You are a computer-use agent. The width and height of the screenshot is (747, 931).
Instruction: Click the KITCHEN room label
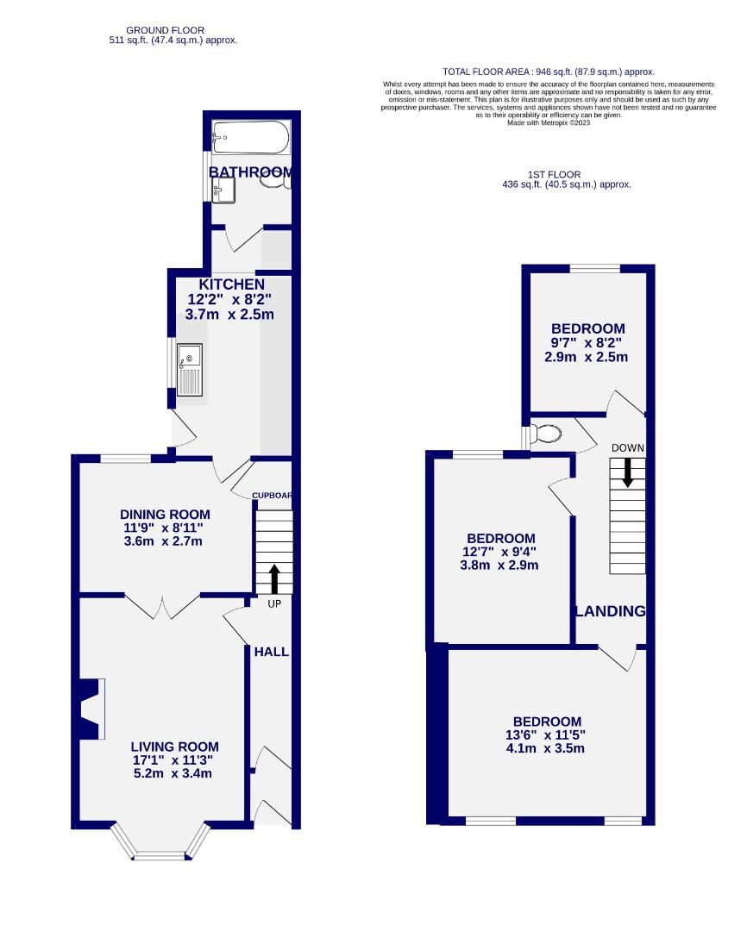pyautogui.click(x=231, y=284)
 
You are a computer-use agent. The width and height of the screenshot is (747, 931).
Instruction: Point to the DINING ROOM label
pyautogui.click(x=166, y=515)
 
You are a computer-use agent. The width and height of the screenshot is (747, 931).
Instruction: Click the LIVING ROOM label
pyautogui.click(x=174, y=747)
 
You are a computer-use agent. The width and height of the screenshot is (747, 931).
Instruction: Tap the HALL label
pyautogui.click(x=271, y=652)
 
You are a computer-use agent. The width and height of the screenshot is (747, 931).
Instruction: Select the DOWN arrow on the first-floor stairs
pyautogui.click(x=627, y=472)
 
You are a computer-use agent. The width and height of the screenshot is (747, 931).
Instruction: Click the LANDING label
pyautogui.click(x=611, y=611)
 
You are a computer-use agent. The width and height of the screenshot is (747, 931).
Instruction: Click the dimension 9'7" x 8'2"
pyautogui.click(x=587, y=342)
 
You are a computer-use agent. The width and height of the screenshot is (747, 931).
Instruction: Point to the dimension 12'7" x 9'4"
pyautogui.click(x=501, y=552)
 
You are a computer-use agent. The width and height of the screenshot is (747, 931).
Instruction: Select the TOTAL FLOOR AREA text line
pyautogui.click(x=548, y=72)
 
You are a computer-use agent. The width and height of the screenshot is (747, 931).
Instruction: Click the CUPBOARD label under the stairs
pyautogui.click(x=273, y=496)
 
